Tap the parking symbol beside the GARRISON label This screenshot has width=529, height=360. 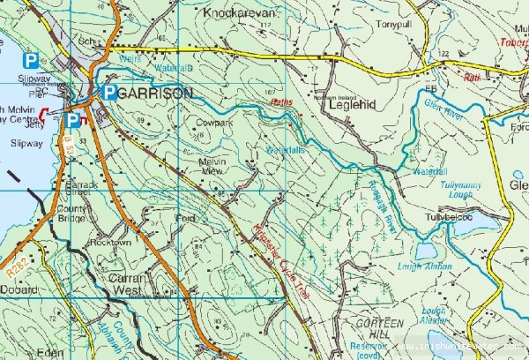coord(108,92)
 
